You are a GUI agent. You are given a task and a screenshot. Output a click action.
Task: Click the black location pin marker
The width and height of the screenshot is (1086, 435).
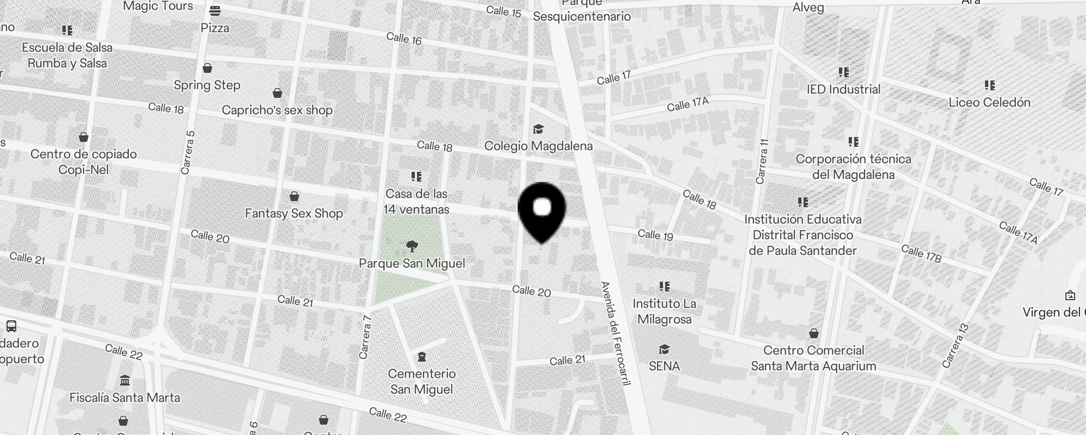[542, 209]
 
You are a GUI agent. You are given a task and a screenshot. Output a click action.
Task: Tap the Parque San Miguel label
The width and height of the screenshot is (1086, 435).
[412, 264]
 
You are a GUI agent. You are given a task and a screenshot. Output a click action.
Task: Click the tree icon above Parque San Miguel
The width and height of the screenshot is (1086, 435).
[412, 246]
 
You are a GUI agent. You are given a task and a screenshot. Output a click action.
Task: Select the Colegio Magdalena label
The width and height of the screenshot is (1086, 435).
[538, 146]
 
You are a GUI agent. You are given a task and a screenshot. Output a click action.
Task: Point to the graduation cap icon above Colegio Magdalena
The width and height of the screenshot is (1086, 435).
[538, 129]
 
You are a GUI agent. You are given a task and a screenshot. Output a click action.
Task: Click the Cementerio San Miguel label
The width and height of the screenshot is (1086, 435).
[422, 382]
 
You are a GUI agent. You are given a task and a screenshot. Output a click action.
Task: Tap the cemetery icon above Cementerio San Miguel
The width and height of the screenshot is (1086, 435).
[421, 357]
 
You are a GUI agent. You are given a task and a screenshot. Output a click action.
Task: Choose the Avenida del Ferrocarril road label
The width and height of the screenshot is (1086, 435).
[615, 333]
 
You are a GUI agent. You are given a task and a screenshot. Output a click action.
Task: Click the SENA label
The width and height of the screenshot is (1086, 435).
[664, 366]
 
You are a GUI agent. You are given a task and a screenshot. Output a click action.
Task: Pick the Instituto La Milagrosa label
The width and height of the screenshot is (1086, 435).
[664, 311]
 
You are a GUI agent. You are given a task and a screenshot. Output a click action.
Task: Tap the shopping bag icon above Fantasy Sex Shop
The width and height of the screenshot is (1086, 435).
[294, 196]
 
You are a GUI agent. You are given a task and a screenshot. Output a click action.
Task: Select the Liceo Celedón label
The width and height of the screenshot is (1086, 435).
[989, 102]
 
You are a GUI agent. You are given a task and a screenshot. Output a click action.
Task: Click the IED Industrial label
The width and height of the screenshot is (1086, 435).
[843, 89]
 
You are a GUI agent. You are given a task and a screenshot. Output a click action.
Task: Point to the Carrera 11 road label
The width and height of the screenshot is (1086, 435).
[763, 161]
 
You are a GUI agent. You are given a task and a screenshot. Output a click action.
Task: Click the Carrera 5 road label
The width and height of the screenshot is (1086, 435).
[187, 153]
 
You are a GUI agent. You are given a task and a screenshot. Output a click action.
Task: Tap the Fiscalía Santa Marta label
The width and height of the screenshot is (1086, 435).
[124, 397]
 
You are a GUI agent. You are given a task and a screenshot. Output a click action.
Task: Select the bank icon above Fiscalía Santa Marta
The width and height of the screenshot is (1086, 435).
[124, 380]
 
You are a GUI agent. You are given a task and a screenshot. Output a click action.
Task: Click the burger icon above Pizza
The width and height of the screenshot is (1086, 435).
[215, 10]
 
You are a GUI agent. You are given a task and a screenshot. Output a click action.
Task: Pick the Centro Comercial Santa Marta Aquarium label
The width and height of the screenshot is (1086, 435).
[813, 358]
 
